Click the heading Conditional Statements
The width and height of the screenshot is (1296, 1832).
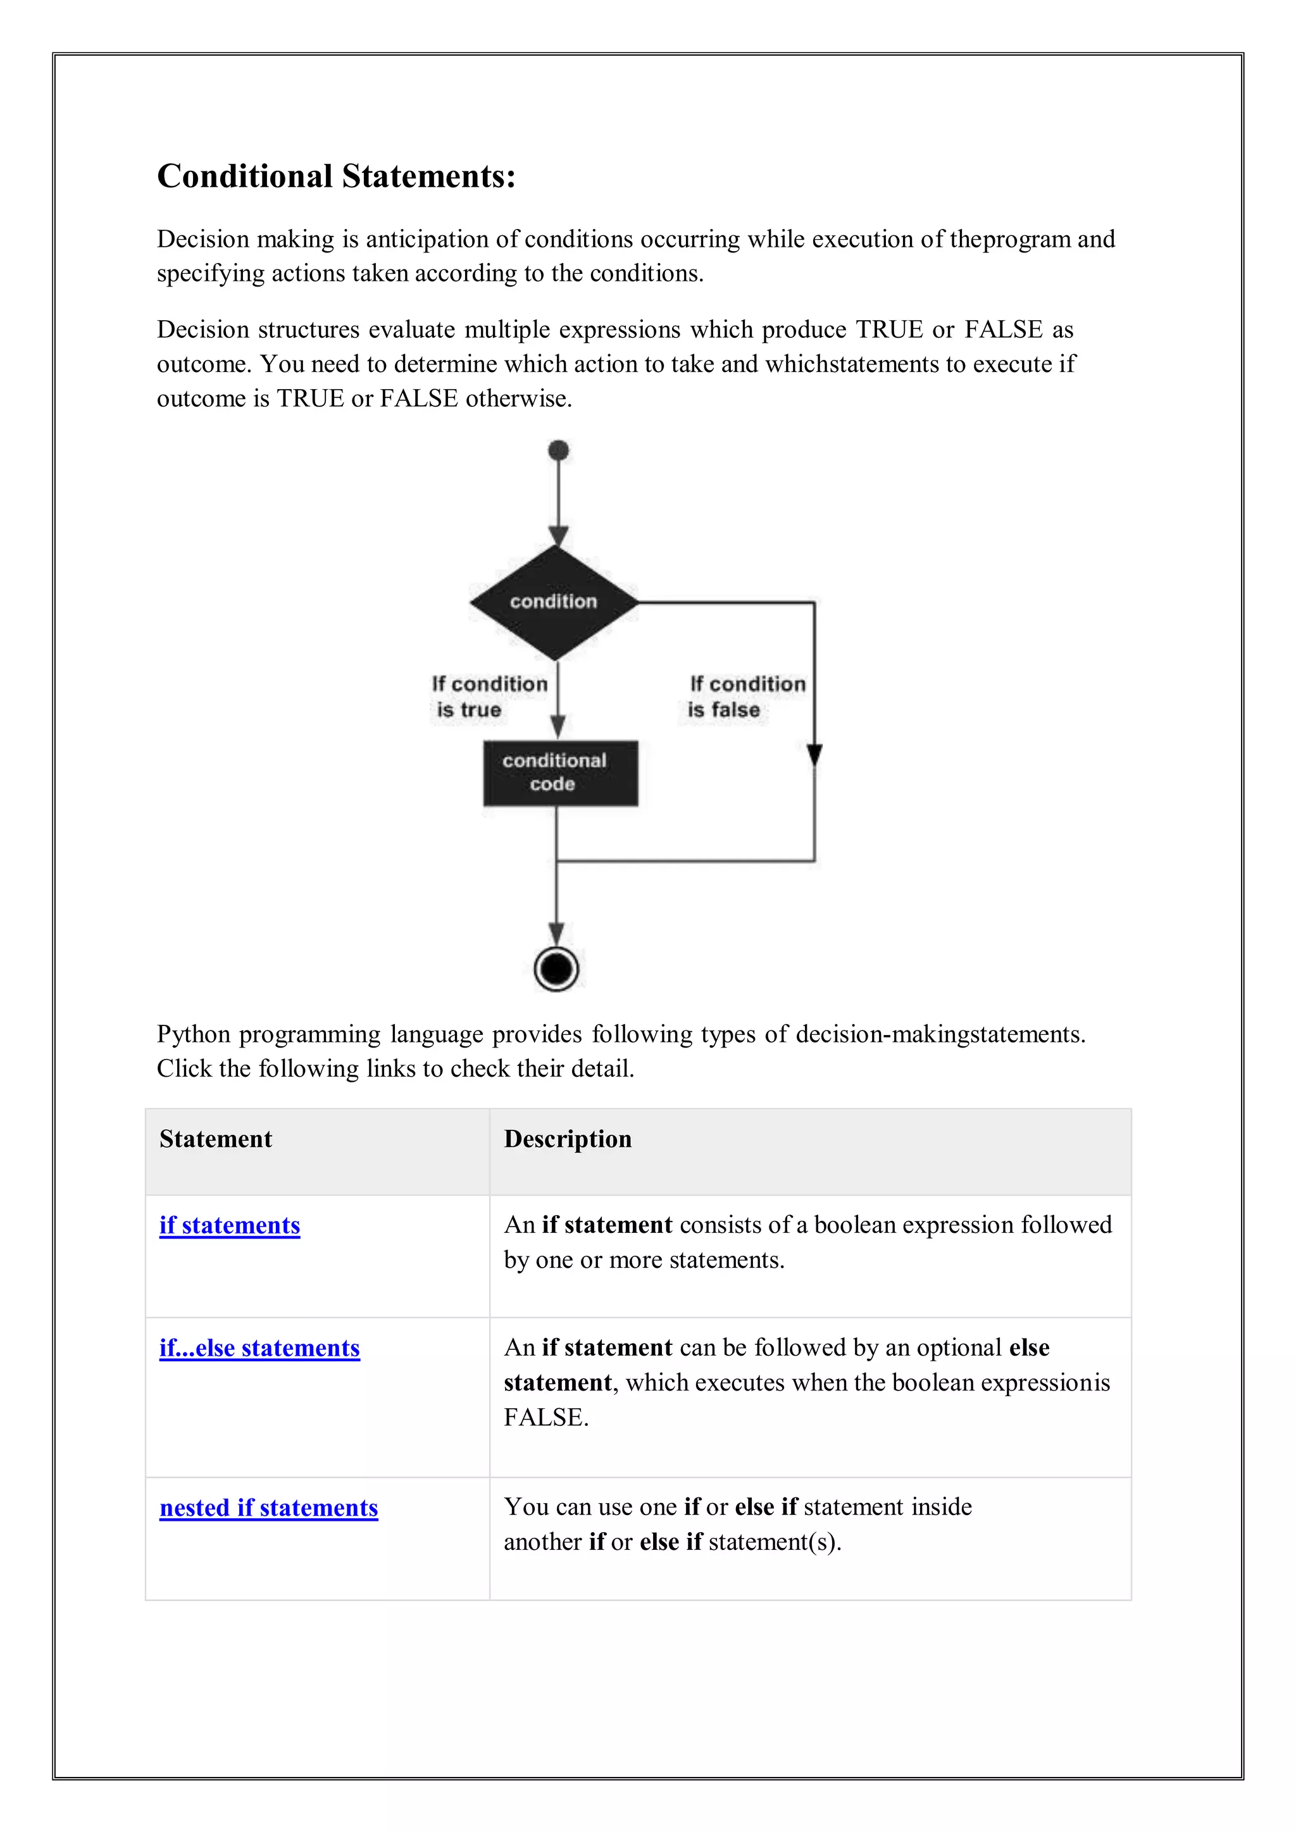(336, 176)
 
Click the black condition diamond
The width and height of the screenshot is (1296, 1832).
(554, 602)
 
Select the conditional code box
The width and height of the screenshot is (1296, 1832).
(560, 772)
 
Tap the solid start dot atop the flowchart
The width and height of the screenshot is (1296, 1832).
(559, 451)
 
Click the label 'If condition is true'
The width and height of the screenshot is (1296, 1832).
(489, 696)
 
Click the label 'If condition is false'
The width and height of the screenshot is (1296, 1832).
(746, 696)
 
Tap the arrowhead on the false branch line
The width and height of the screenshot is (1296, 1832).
(814, 755)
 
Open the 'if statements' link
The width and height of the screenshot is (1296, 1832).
(230, 1225)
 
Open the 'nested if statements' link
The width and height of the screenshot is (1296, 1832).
(268, 1507)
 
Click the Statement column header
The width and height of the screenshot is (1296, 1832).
(215, 1139)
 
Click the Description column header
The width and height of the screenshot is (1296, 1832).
(568, 1139)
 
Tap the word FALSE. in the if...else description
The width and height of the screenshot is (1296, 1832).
(546, 1417)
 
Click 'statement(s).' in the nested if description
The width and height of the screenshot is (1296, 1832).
(774, 1542)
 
